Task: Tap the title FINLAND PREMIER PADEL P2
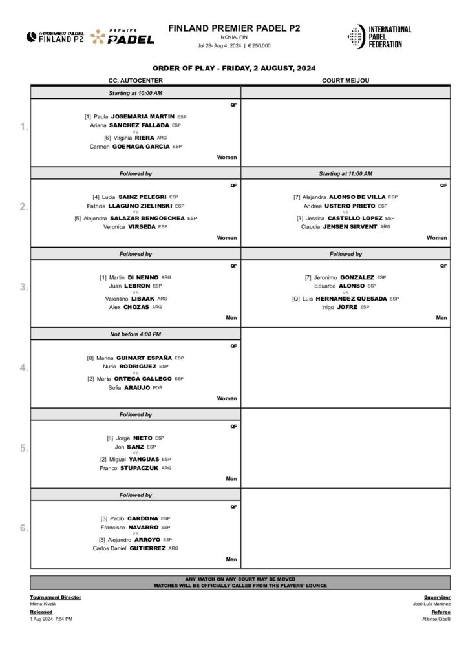click(234, 28)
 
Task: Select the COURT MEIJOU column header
click(345, 80)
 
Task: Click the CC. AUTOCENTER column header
click(135, 80)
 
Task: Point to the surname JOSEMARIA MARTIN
click(148, 116)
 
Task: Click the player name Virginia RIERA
click(134, 138)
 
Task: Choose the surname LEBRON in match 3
click(137, 286)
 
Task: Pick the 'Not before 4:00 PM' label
click(135, 334)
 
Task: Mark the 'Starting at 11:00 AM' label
click(345, 173)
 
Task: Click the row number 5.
click(23, 448)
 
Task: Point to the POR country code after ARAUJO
click(158, 387)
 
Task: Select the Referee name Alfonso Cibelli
click(436, 619)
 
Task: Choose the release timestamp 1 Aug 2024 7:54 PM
click(51, 619)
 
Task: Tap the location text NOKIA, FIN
click(234, 38)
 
